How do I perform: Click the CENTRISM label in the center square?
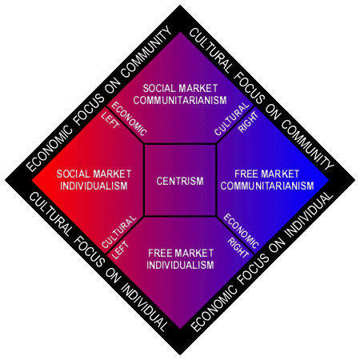point(180,181)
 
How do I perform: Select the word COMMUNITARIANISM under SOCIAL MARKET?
point(180,100)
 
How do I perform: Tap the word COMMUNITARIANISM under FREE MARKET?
point(267,186)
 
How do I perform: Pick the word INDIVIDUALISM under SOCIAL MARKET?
point(94,186)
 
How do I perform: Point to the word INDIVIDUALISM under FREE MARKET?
point(180,265)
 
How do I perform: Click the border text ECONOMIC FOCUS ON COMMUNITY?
point(99,99)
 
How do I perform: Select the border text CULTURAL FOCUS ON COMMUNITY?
point(262,99)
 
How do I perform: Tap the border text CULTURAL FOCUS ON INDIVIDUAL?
point(98,262)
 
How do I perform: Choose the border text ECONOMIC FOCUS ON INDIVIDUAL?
point(262,262)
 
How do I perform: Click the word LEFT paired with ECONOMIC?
point(110,120)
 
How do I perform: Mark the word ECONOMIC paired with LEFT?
point(129,119)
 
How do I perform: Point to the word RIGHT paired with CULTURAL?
point(249,122)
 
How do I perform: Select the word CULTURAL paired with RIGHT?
point(232,119)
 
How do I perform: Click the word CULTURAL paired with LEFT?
point(119,232)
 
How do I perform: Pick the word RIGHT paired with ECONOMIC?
point(238,248)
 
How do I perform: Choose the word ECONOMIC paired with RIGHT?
point(241,231)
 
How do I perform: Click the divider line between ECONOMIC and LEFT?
point(125,126)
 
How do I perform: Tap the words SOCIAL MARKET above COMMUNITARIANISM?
point(180,88)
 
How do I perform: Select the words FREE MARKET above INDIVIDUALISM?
point(181,253)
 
